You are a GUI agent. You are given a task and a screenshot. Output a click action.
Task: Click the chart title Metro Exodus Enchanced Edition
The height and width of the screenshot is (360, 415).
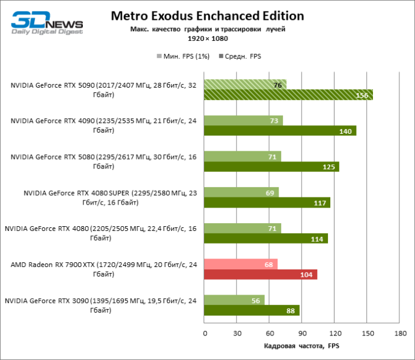(207, 16)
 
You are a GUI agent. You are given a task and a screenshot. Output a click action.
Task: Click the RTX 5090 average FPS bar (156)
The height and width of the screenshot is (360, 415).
(288, 95)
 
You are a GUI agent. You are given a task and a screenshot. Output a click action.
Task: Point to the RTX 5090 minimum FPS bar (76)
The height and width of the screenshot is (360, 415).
(245, 85)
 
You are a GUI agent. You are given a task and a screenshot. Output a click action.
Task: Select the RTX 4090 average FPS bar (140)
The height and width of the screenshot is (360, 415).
(280, 131)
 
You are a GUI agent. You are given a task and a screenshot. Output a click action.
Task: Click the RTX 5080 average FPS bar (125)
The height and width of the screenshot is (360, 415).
(271, 166)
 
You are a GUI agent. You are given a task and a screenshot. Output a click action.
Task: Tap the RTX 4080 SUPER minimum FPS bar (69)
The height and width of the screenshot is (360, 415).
(241, 192)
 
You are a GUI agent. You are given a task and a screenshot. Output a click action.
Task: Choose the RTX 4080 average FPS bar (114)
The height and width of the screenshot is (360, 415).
(266, 238)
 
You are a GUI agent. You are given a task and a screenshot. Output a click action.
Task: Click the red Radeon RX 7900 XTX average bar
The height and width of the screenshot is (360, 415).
(261, 274)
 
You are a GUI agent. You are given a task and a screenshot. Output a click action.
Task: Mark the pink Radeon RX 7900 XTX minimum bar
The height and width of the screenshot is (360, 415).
(241, 264)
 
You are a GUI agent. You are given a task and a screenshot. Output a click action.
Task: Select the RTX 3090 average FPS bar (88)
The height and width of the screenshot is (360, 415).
(252, 310)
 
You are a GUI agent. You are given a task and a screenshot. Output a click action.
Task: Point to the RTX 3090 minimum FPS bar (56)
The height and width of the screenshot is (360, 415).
(234, 300)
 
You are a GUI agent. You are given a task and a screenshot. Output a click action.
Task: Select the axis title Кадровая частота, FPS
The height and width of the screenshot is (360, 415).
(301, 346)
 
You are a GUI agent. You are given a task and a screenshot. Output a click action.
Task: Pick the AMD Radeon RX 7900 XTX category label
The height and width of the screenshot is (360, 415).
(102, 269)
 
